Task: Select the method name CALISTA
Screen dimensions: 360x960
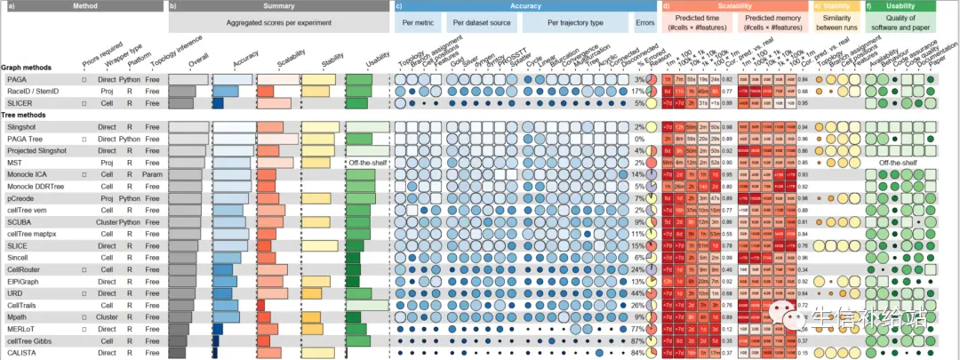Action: [x=22, y=353]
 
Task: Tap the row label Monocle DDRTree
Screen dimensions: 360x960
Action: [x=36, y=187]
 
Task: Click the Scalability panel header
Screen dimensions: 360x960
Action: [x=736, y=6]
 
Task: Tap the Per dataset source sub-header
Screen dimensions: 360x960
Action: [x=484, y=21]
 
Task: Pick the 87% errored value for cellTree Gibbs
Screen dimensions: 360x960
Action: [x=637, y=340]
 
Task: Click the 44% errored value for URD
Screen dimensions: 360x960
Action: [x=637, y=293]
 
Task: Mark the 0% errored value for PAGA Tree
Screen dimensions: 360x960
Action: [x=639, y=140]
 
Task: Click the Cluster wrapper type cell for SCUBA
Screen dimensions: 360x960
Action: [x=108, y=222]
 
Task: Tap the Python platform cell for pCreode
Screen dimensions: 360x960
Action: [x=129, y=198]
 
